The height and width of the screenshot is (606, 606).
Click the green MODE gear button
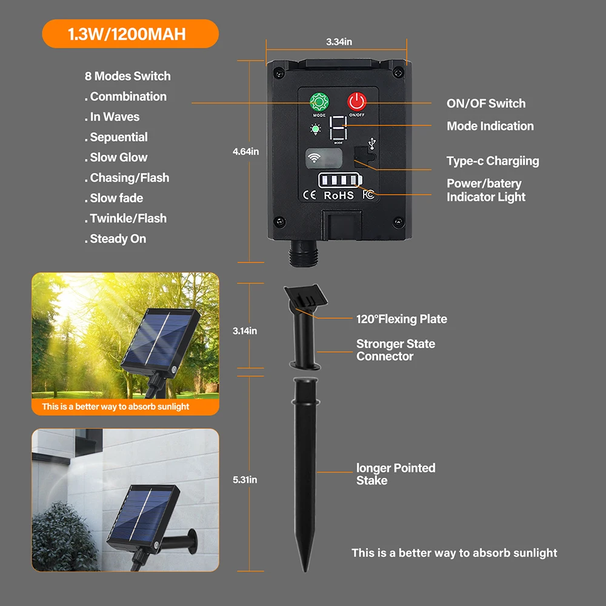click(x=319, y=102)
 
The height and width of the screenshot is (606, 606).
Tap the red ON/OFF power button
click(x=357, y=102)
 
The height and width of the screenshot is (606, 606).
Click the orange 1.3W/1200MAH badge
click(x=130, y=34)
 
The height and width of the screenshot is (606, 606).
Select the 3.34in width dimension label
click(x=339, y=42)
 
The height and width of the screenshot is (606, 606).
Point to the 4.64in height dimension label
click(x=246, y=151)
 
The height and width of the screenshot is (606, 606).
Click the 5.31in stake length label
click(x=245, y=479)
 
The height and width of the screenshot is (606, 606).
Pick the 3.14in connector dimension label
click(x=245, y=331)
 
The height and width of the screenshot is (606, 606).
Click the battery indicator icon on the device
click(x=340, y=180)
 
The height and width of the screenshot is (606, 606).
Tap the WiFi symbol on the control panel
click(x=314, y=158)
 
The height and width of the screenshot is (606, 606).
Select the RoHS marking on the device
click(x=339, y=196)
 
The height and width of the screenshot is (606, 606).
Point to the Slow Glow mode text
click(x=116, y=158)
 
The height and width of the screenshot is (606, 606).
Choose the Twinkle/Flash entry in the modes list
click(x=125, y=218)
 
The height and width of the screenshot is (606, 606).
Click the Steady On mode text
click(x=115, y=239)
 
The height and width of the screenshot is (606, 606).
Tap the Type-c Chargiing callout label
click(x=493, y=161)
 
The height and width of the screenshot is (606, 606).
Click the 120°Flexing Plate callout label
click(x=402, y=319)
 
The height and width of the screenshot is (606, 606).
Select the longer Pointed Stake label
click(x=396, y=474)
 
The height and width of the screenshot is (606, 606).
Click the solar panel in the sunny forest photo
click(x=161, y=339)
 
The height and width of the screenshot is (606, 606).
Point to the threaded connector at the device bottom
click(x=304, y=253)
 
